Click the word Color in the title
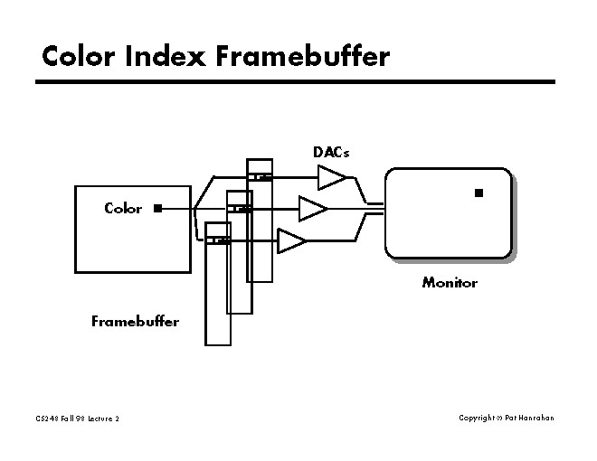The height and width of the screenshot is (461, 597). coord(81,57)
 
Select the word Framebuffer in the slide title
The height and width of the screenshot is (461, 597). coord(302,57)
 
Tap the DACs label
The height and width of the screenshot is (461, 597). coord(331,152)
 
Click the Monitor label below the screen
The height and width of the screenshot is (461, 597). coord(450,282)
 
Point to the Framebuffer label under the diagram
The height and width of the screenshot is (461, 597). coord(135,321)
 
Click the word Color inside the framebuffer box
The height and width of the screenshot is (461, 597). coord(123,208)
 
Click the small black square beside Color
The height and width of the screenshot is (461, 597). coord(157,208)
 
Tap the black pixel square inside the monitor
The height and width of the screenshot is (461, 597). coord(479,193)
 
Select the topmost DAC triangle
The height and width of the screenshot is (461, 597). coord(330,177)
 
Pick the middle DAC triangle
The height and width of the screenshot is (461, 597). coord(312,209)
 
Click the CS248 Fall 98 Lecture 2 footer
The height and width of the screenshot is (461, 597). coord(78,419)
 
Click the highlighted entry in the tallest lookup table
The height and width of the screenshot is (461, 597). coord(260,176)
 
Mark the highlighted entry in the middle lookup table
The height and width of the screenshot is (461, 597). coord(239,209)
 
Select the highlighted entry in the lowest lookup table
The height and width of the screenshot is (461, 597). coord(218,240)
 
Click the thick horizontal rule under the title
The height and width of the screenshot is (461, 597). coord(295,82)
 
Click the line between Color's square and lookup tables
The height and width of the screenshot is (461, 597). coord(177,209)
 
